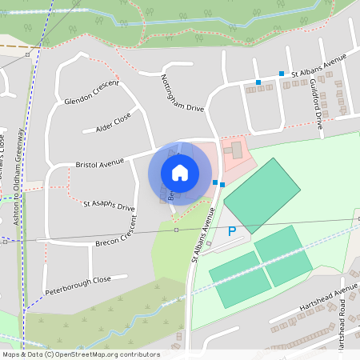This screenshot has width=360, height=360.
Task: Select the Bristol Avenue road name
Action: point(100,163)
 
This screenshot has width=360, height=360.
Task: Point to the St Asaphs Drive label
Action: point(109,206)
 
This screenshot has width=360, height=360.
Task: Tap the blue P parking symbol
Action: point(233,232)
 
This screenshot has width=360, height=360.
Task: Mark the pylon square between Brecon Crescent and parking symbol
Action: point(176,230)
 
